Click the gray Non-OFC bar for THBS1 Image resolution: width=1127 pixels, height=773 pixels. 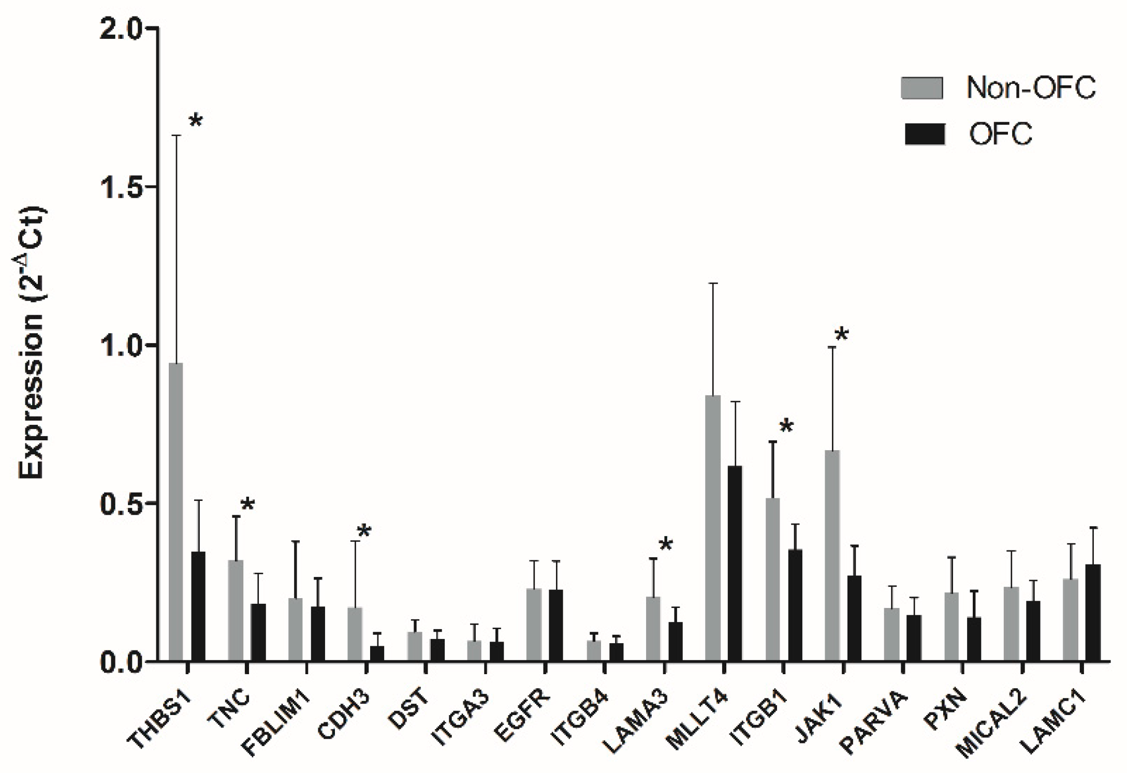(x=175, y=512)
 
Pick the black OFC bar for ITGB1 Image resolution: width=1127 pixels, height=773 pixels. (x=795, y=605)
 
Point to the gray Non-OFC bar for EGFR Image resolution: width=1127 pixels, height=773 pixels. (x=534, y=625)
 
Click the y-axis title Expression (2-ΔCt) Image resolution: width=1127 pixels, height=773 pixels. (x=33, y=344)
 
